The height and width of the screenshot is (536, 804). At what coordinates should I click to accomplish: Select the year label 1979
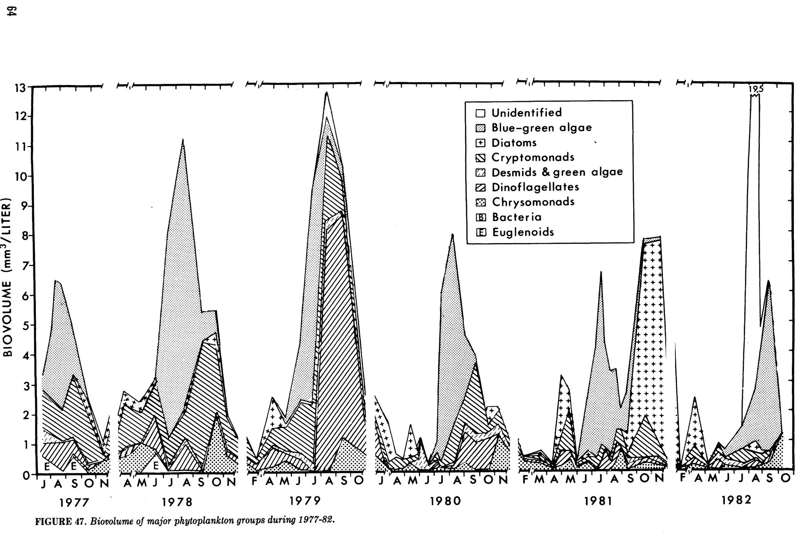coord(305,501)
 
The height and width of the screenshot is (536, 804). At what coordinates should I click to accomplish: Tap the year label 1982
coord(736,500)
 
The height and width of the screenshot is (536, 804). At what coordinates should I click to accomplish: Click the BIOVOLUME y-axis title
coord(9,278)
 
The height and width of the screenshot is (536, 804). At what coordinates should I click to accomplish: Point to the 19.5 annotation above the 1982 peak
coord(756,89)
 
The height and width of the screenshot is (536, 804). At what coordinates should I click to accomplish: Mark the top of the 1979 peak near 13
coord(327,92)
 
